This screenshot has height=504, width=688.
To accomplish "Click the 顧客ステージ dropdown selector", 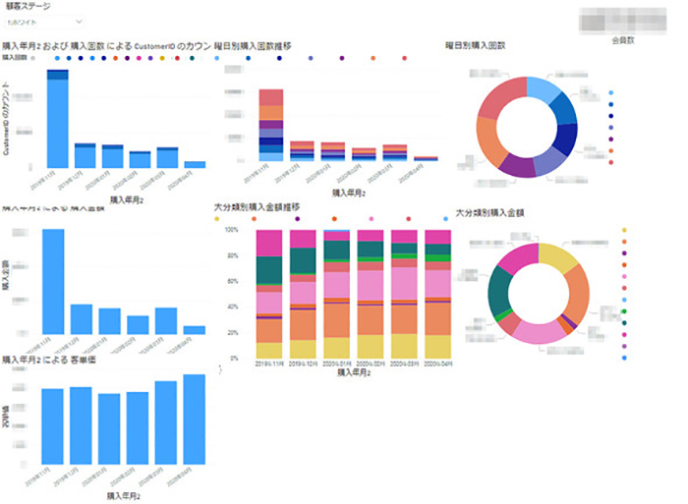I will click(x=46, y=20).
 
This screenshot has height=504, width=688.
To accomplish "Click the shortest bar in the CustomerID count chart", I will click(x=195, y=165).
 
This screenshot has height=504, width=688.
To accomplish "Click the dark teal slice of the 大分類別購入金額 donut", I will click(x=500, y=286).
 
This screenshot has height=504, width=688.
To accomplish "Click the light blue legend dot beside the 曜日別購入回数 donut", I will click(x=611, y=93).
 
